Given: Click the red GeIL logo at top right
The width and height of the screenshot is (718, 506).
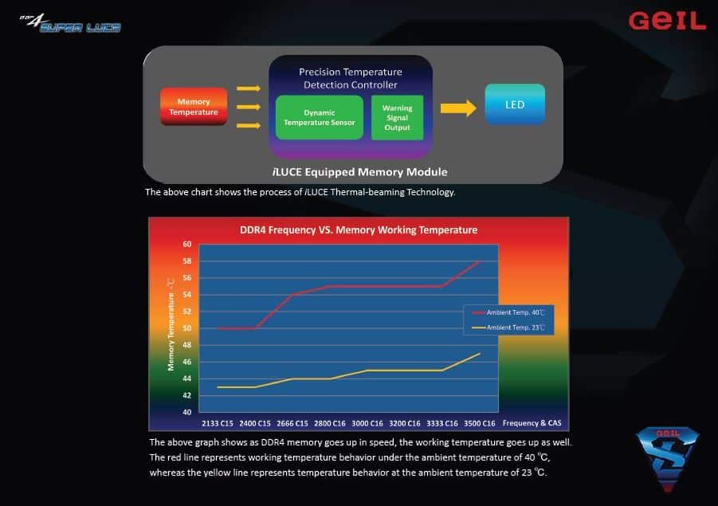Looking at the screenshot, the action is pos(667,21).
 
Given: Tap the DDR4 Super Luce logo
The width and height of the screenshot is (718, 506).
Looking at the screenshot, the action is pos(70,24).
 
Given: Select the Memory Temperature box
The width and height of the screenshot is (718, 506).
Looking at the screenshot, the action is pos(194,107).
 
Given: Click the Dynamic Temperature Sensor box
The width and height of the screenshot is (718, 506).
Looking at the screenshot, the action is pos(320,118).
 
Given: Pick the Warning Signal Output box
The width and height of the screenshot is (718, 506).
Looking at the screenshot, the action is pos(397,118).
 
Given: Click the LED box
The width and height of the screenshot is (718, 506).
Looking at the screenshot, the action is pos(515,105).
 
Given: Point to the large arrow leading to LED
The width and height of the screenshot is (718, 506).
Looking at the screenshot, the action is pos(458,108).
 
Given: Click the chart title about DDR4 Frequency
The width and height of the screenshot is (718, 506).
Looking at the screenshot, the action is pos(359,229).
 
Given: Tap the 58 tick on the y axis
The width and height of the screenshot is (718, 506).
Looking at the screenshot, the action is pos(186,261).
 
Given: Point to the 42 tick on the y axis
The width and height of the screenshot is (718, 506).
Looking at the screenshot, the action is pos(186,395).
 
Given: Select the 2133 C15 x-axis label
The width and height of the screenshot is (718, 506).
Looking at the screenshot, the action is pos(218,424).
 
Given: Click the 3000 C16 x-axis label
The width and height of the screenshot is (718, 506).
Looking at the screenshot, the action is pos(367,424).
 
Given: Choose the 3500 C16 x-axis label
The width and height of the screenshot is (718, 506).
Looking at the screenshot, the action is pos(480,424).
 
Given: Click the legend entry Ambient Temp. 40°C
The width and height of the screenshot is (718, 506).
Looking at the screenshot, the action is pos(508,312).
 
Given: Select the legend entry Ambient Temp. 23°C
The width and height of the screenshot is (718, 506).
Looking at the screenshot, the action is pos(508,328).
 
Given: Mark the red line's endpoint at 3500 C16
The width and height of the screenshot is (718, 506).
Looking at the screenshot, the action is pos(480,261).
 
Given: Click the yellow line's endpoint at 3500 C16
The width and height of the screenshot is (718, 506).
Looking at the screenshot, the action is pos(480,354).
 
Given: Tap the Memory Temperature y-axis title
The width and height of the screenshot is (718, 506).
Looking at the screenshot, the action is pos(171,324).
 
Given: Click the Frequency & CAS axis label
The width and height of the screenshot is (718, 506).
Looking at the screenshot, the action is pos(532,423).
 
